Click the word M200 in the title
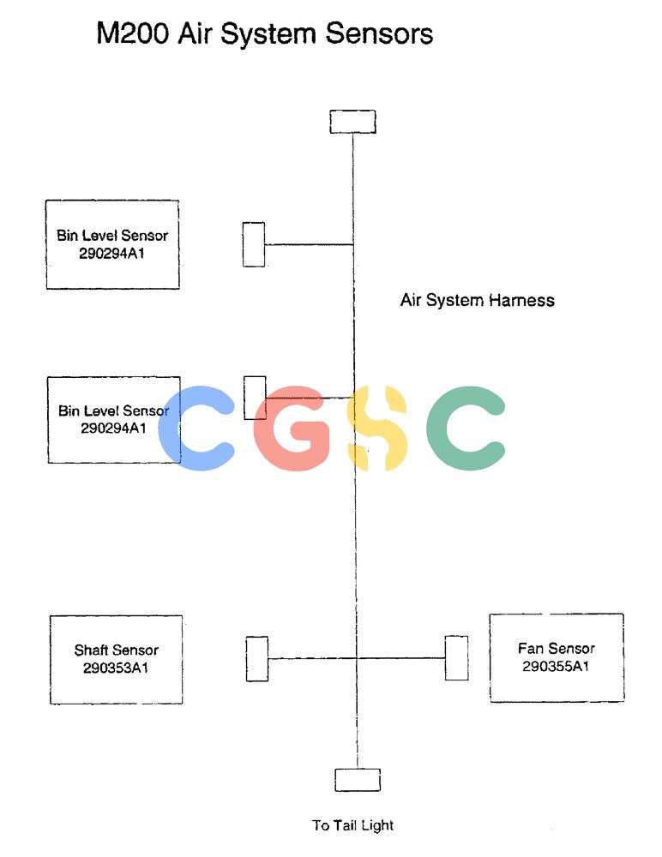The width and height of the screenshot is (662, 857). tap(132, 33)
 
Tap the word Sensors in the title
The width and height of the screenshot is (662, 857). tap(379, 33)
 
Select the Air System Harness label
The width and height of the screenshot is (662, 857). tap(477, 300)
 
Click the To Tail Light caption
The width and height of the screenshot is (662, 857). tap(353, 825)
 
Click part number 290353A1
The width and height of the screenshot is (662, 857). tap(116, 668)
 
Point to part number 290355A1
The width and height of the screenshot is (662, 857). tap(556, 666)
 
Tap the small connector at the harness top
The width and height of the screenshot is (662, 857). tap(353, 122)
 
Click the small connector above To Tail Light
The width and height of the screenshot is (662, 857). tap(358, 780)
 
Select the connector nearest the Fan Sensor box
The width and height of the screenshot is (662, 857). tap(456, 658)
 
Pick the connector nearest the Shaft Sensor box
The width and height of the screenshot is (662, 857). tap(257, 658)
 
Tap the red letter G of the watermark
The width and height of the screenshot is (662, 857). tap(292, 428)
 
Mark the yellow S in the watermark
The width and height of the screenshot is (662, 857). tap(377, 428)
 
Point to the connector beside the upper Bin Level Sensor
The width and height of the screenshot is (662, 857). tap(254, 244)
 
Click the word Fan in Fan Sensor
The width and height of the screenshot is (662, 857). tap(528, 649)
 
